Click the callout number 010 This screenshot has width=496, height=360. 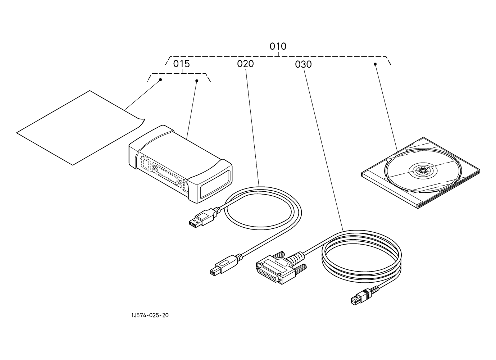coord(278,46)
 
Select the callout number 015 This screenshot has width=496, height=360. coord(181,64)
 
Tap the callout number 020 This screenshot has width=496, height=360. coord(245,64)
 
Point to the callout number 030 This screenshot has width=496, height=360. coord(303,64)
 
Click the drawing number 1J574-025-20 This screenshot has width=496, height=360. coord(150,315)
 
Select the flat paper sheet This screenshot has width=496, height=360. coord(81,128)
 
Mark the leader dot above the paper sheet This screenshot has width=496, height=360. coord(161,79)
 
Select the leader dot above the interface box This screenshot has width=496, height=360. coord(197,81)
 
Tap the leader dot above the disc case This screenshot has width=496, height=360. coord(375,64)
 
